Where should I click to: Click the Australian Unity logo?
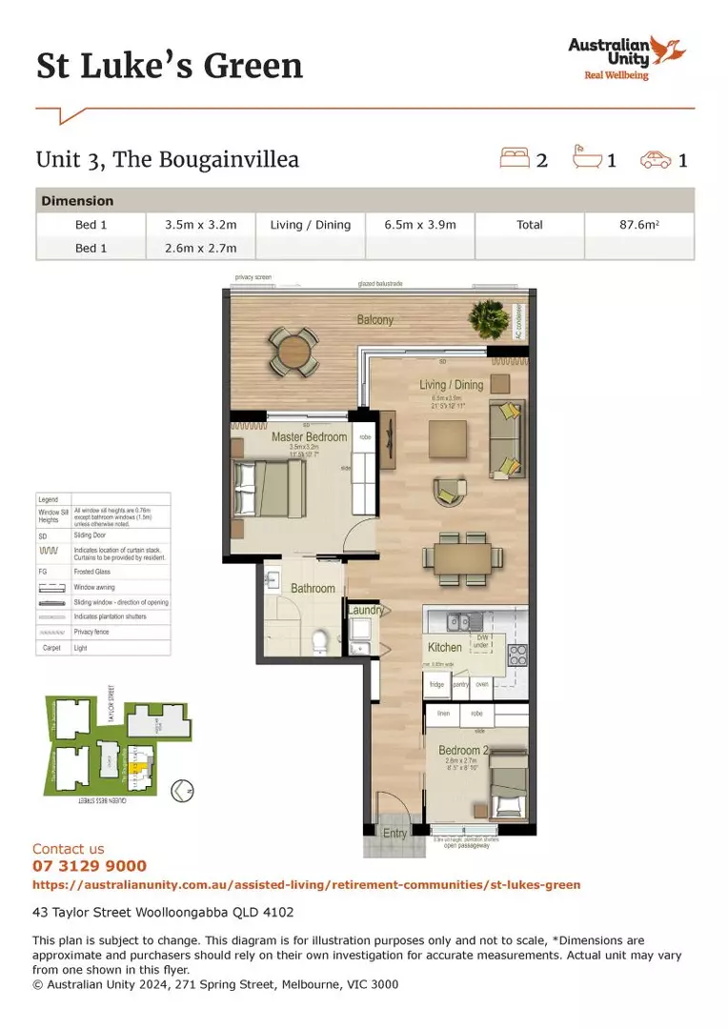pos(616,58)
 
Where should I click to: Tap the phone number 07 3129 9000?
pos(90,866)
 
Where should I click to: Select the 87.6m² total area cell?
pos(638,225)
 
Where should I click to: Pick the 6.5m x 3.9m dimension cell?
pos(420,225)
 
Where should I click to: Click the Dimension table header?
pos(77,201)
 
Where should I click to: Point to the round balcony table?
pos(293,350)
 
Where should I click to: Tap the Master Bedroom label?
pos(309,437)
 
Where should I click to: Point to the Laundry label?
pos(366,611)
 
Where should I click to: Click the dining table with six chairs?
pos(462,557)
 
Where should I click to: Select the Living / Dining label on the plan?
pos(452,385)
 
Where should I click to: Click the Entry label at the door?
pos(394,833)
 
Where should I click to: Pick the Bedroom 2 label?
pos(464,751)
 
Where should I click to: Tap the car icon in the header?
pos(656,160)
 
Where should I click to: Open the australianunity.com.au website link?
pos(306,885)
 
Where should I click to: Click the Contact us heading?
pos(69,849)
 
